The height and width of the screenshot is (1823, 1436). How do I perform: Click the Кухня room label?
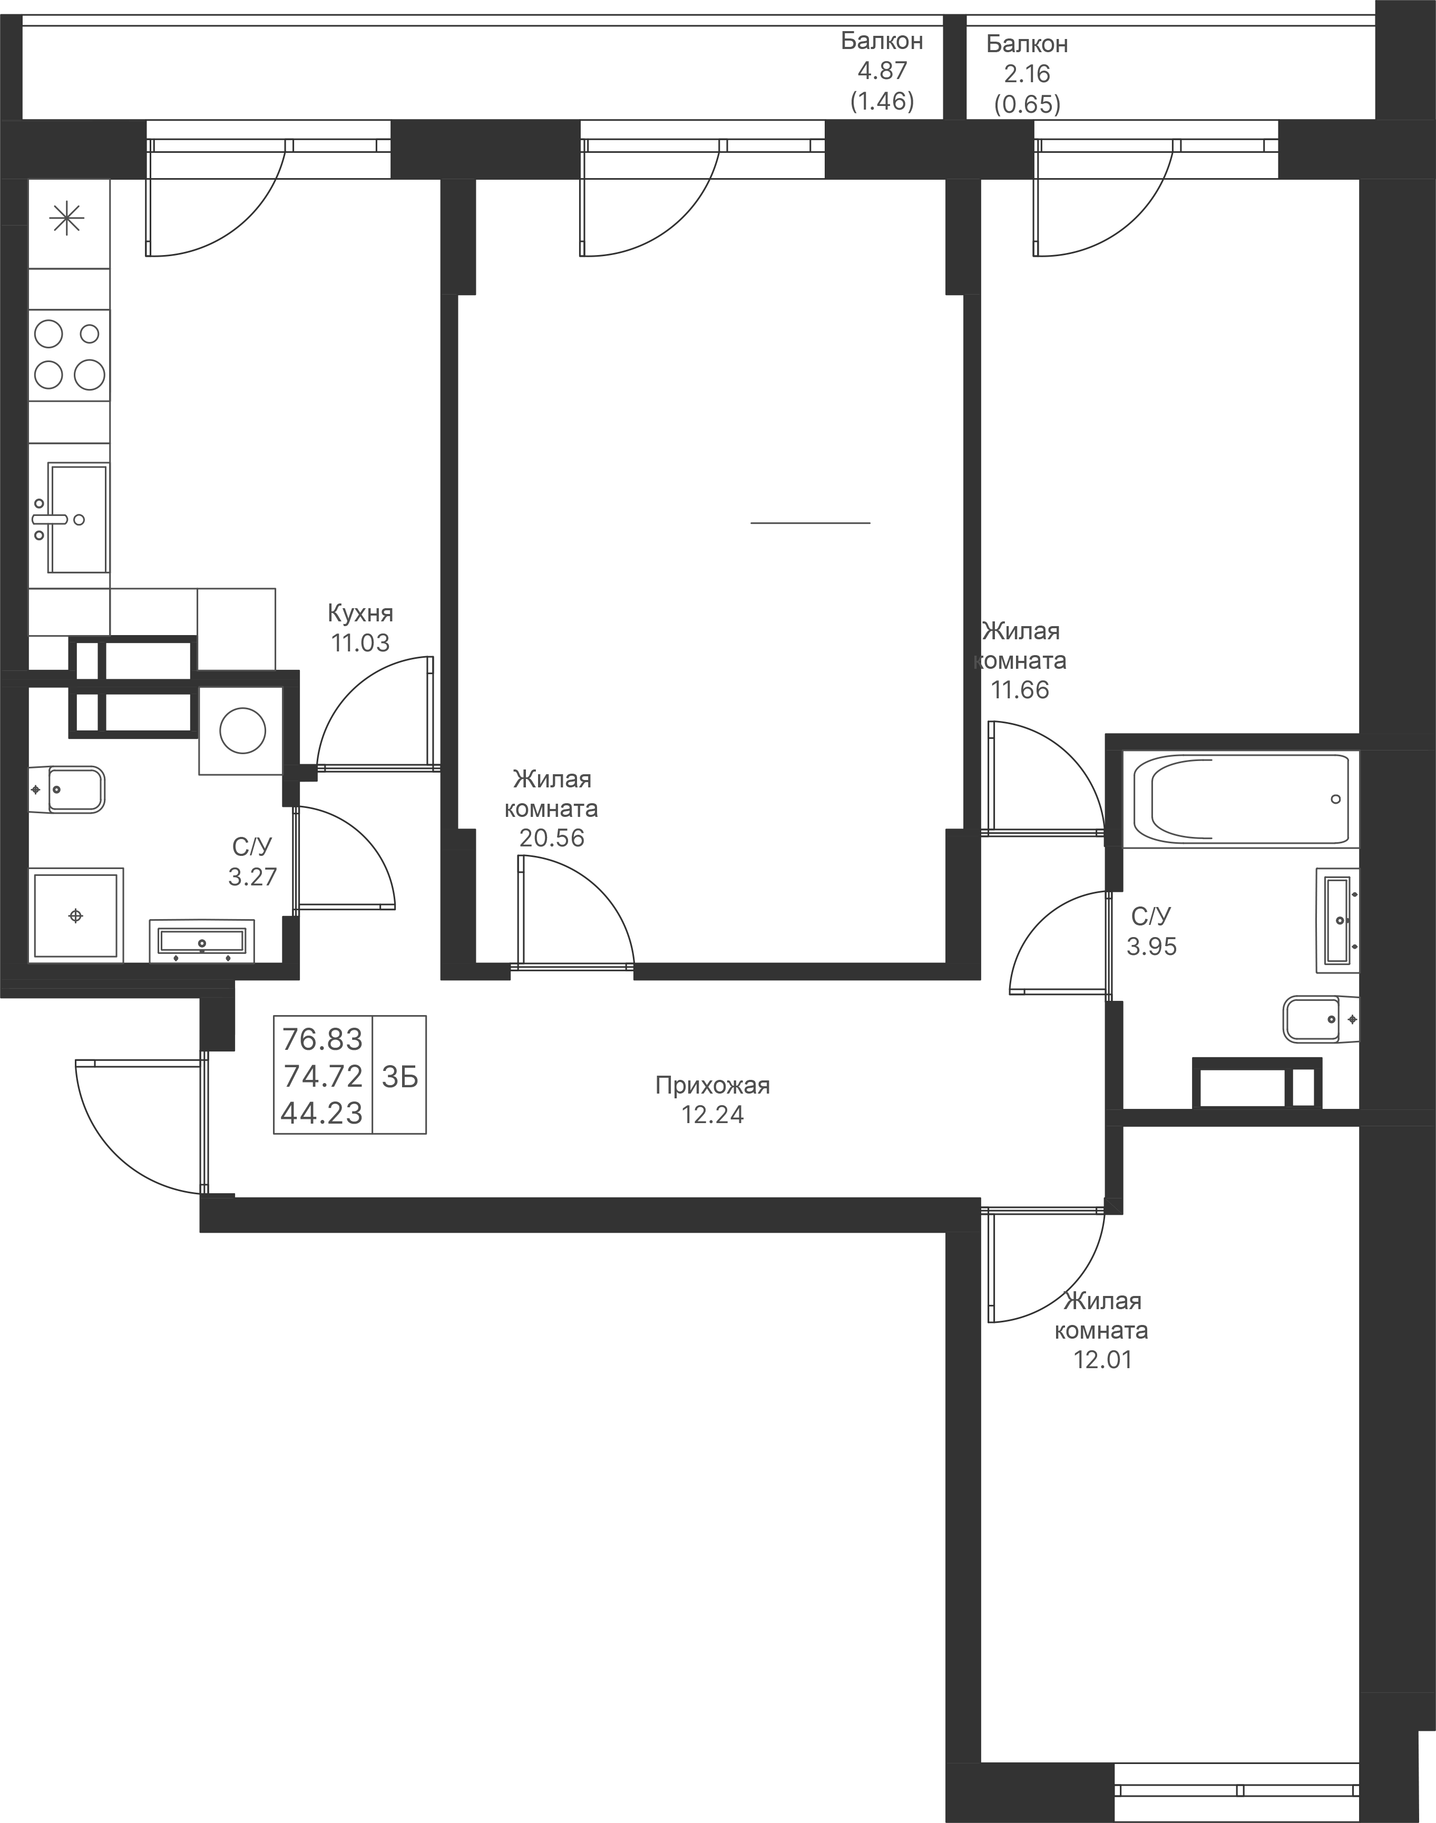click(360, 612)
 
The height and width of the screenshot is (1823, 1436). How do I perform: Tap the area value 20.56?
click(552, 839)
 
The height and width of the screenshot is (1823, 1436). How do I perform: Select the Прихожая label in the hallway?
click(712, 1086)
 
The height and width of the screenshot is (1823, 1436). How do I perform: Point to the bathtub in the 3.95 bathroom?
click(1240, 798)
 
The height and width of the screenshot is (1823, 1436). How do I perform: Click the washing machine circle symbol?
click(242, 730)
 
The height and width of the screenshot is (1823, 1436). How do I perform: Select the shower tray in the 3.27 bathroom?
click(76, 915)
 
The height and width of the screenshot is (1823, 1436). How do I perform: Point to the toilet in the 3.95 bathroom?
click(1318, 1019)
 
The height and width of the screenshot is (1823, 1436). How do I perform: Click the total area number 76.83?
click(322, 1040)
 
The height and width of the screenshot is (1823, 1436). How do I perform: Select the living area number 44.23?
click(322, 1113)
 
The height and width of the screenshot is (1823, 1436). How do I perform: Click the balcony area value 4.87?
click(882, 71)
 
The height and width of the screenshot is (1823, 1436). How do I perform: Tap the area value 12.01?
click(1102, 1360)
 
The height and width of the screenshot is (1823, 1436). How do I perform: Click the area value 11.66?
click(1019, 690)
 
